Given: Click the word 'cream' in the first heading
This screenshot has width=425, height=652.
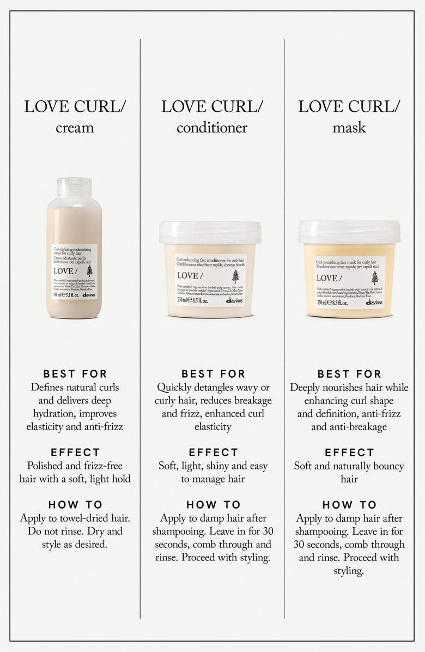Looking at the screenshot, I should [75, 128].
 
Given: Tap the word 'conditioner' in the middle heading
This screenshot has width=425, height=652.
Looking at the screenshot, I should [212, 128].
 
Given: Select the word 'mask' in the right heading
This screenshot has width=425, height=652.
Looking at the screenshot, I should [349, 128].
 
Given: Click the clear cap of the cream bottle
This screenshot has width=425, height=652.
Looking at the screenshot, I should [74, 187].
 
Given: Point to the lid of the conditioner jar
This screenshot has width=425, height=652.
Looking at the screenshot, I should [210, 232].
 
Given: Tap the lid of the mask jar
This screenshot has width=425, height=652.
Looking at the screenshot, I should [349, 231].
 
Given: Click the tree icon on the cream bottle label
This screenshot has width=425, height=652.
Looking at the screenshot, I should [89, 271].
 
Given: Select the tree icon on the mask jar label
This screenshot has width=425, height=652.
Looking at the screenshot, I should [374, 278].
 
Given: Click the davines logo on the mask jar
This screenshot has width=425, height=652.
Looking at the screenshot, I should [374, 303].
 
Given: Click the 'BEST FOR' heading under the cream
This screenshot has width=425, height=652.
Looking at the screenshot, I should [75, 374].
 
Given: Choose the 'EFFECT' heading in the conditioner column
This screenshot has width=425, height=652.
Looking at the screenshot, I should [212, 452].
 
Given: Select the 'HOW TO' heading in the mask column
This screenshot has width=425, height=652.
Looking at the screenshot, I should [349, 505].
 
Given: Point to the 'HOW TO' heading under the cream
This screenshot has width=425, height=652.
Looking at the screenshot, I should [75, 505].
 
